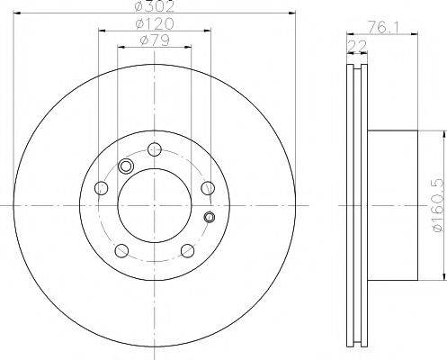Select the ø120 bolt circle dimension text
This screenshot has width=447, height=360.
154,23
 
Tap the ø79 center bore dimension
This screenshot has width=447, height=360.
154,41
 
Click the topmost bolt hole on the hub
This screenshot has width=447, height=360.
154,149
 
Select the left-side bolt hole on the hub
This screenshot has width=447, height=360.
101,187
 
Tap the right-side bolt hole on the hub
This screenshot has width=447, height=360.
208,187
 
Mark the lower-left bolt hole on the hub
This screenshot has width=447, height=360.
121,250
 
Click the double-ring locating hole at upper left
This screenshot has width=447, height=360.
126,166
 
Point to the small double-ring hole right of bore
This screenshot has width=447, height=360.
210,216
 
